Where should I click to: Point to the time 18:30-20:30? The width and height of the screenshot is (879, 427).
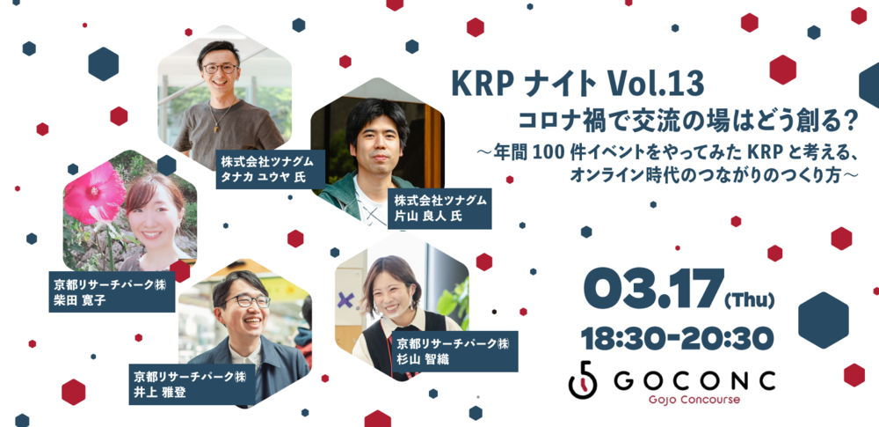coord(678,338)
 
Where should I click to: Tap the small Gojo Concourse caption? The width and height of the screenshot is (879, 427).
coord(695,401)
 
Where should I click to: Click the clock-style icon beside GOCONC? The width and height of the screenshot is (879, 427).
coord(583,380)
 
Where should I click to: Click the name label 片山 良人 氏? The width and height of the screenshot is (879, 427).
coord(438,217)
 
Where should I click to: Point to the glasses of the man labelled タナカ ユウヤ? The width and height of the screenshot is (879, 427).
coord(221,67)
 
